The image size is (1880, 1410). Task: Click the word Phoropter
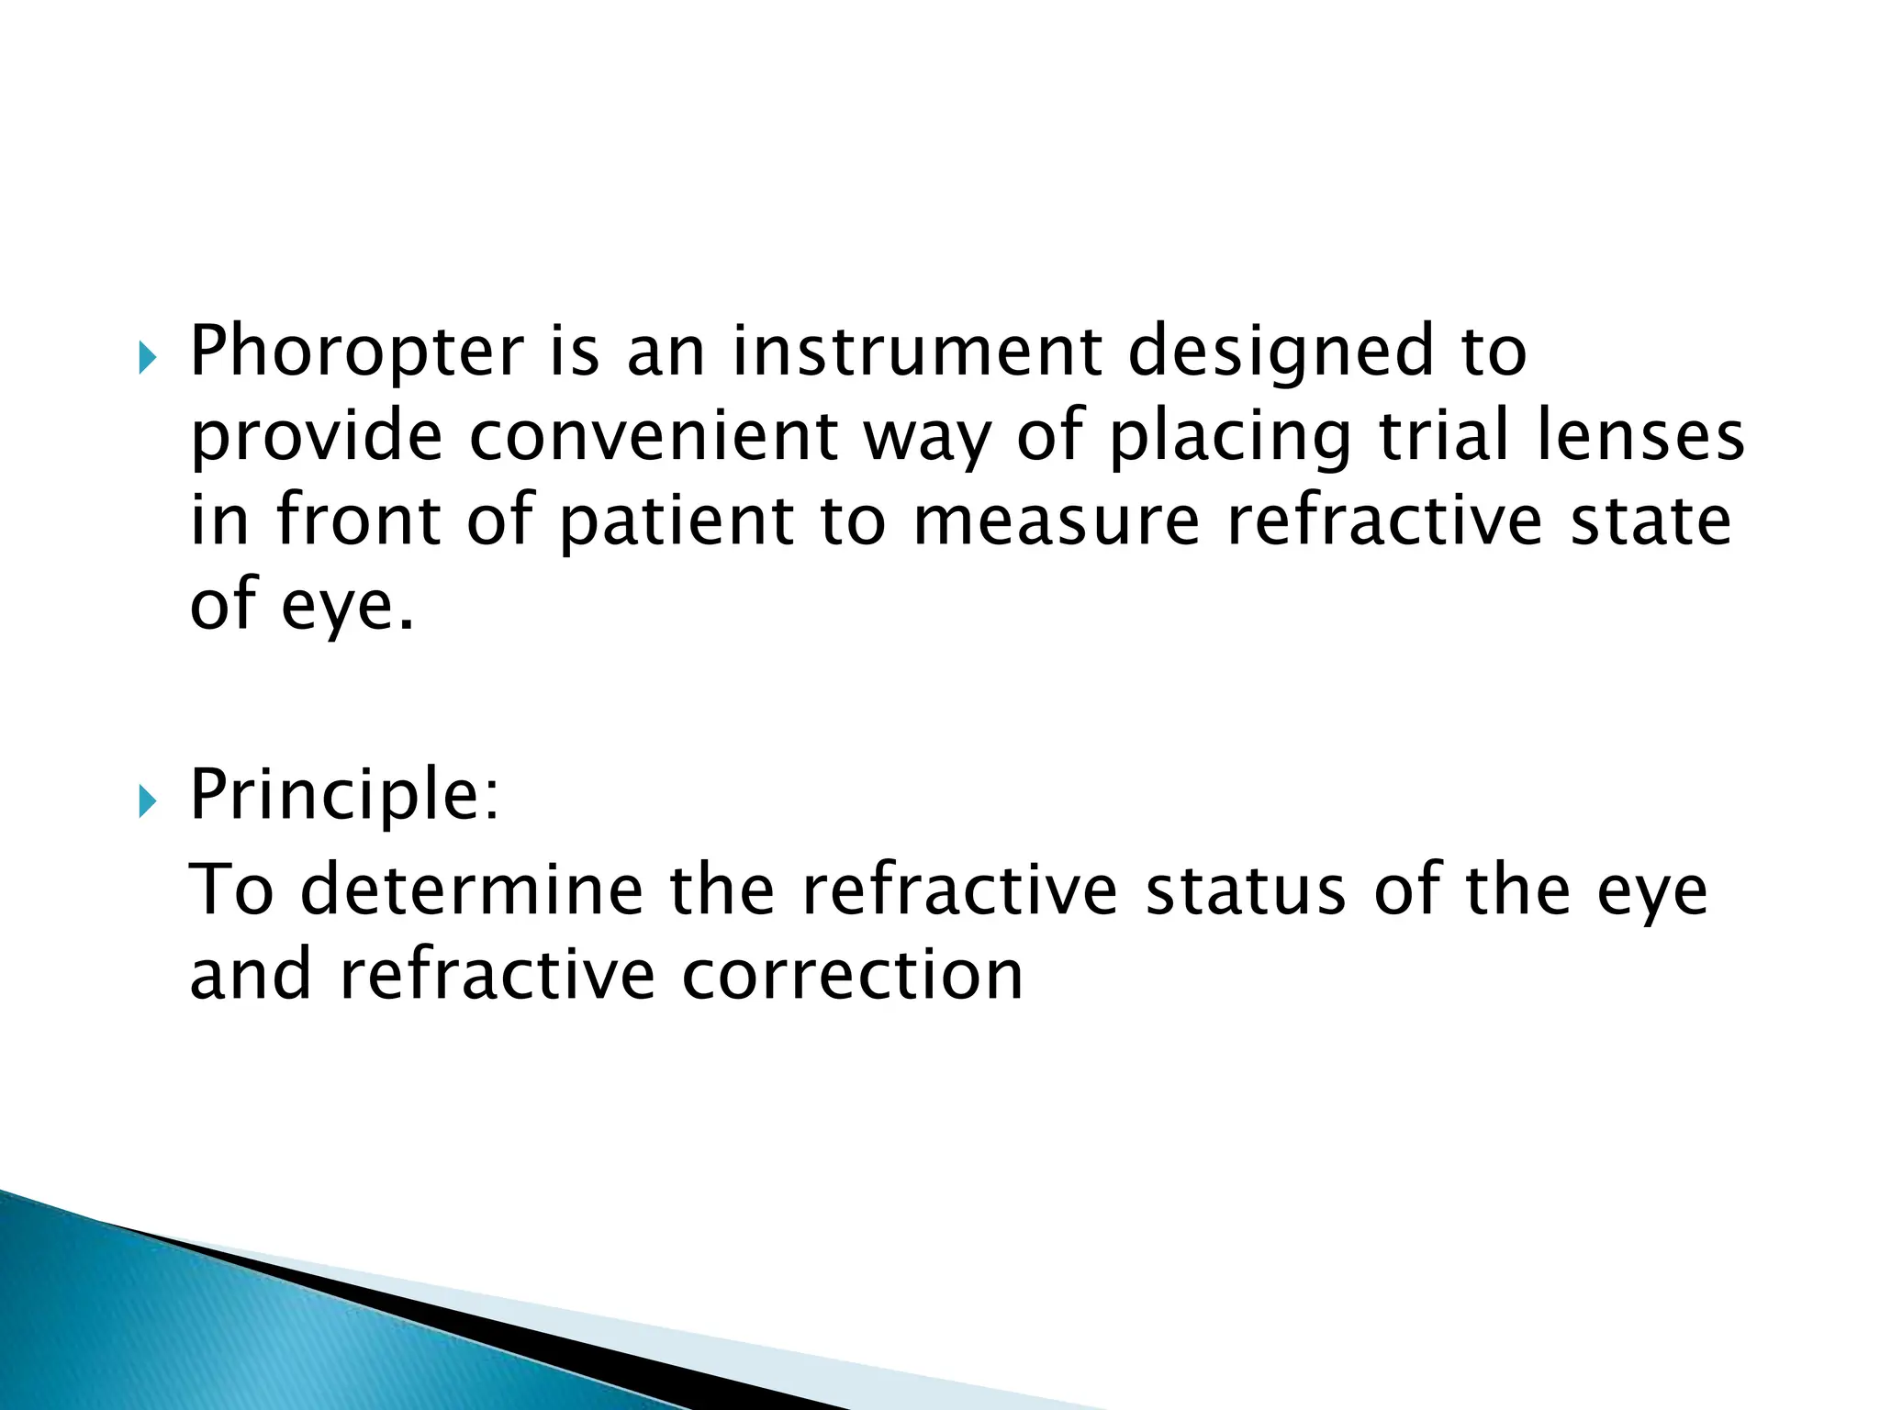(x=356, y=352)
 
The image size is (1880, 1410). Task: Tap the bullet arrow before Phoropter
(x=147, y=358)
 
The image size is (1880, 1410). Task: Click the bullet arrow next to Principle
(x=147, y=802)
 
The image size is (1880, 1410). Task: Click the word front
(x=359, y=520)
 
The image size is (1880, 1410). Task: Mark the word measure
(x=1057, y=521)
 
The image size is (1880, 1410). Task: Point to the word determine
(x=472, y=890)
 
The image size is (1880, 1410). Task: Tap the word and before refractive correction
(x=250, y=975)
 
